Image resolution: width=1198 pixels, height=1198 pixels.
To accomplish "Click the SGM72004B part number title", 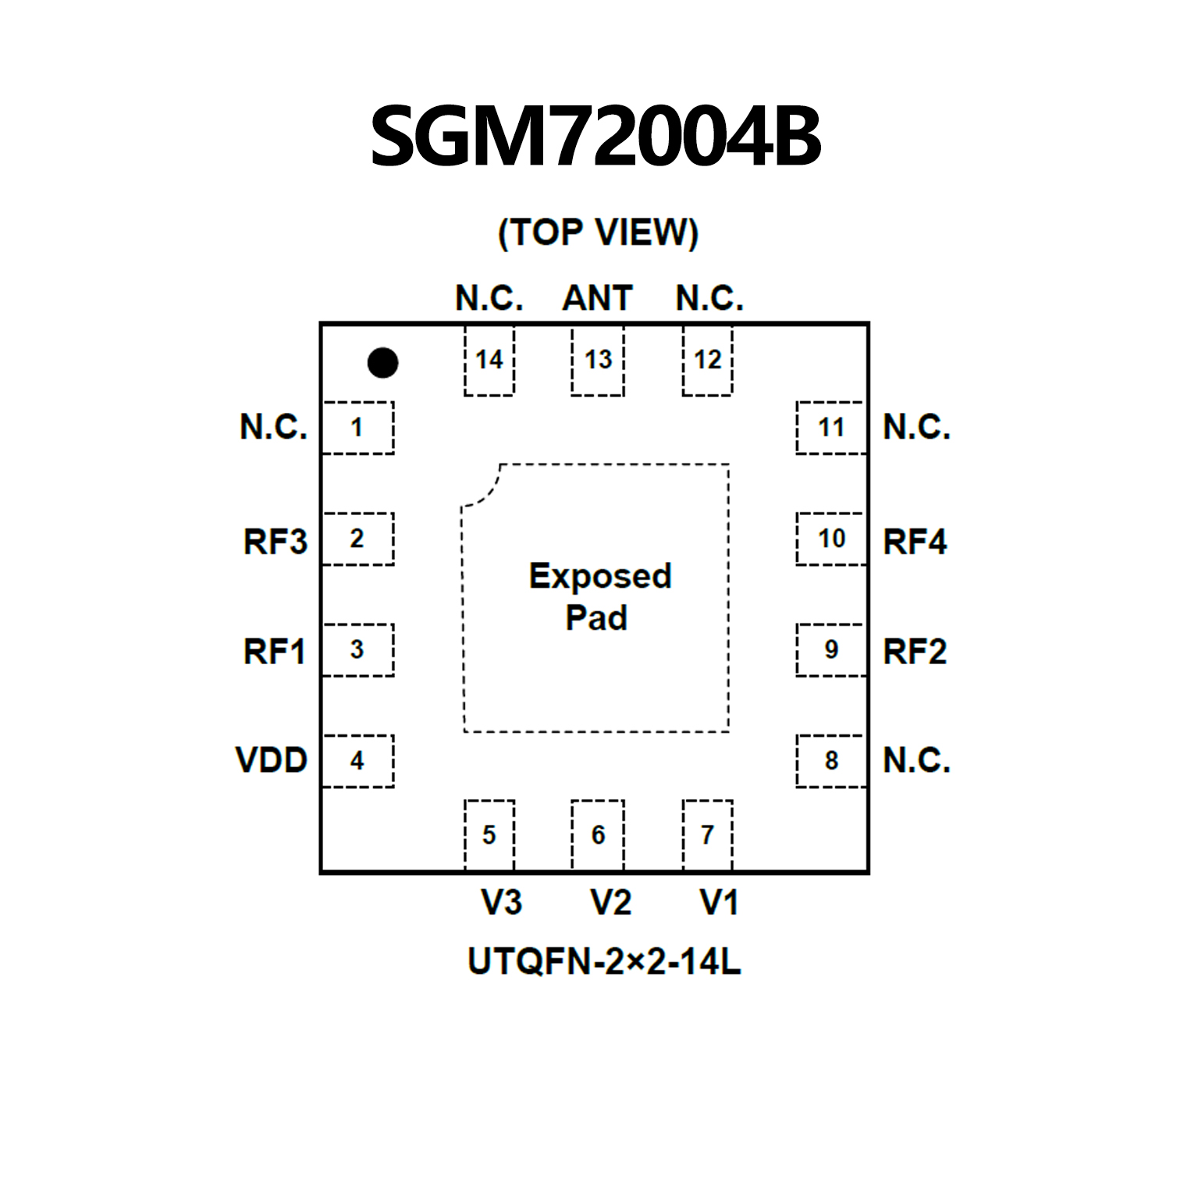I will point(595,137).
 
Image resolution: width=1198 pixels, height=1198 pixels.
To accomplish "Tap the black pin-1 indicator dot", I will point(382,362).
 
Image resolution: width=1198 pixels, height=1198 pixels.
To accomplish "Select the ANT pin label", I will point(597,298).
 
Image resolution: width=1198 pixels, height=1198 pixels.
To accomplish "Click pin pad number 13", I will point(598,360).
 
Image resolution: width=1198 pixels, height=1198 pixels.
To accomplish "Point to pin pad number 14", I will point(489,360).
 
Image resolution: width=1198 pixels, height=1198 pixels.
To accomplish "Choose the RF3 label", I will point(276,541).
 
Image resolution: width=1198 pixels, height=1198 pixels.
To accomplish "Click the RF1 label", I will point(275,652).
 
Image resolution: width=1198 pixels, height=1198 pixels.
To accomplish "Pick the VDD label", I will point(272,760).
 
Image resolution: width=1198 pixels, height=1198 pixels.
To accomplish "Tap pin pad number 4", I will point(357,760).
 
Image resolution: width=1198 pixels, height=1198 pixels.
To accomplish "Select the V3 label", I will point(501,902).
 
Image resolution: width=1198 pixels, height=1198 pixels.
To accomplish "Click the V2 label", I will point(610,902).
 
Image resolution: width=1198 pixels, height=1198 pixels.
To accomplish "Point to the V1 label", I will point(719,902).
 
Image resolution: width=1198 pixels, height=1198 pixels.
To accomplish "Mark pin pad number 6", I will point(598,834).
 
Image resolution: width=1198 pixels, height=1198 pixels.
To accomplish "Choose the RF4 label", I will point(915,541).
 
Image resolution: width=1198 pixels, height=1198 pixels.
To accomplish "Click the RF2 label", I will point(915,652).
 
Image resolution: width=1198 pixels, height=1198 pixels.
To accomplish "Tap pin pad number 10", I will point(831,539).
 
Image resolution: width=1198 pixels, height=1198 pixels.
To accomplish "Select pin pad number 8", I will point(831,760).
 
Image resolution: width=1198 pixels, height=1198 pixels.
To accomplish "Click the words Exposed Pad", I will point(599,596).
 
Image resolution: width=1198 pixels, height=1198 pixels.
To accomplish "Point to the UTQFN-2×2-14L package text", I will point(603,962).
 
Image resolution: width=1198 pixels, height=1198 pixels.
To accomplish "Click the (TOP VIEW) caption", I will point(598,233).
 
